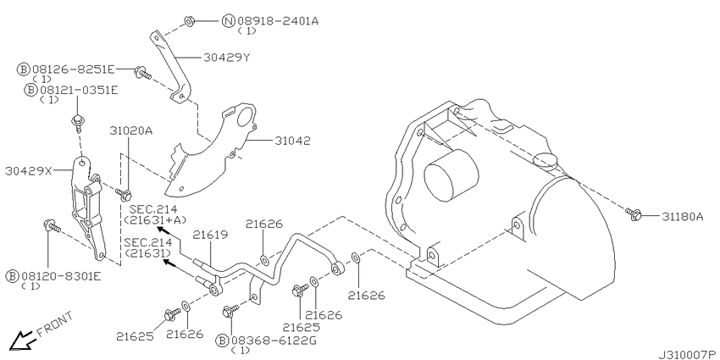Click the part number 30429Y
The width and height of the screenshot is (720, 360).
[x=227, y=58]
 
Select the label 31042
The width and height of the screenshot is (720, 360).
[x=292, y=141]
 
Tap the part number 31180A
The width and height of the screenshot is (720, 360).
[x=683, y=216]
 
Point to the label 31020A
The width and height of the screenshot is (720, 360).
[x=130, y=130]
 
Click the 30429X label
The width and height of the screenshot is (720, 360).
[x=29, y=171]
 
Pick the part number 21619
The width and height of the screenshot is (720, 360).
[x=210, y=235]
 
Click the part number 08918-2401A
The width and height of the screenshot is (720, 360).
[x=277, y=20]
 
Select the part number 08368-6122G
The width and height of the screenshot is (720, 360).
[x=273, y=341]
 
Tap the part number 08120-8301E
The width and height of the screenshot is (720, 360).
[x=59, y=276]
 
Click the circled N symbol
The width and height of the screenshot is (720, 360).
[x=229, y=20]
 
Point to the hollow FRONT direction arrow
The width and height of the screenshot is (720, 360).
[x=21, y=341]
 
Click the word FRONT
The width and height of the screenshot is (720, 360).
[x=54, y=324]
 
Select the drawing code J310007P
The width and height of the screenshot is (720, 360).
[x=689, y=355]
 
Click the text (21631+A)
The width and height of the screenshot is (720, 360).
[x=155, y=220]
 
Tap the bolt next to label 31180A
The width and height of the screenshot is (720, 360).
[x=634, y=213]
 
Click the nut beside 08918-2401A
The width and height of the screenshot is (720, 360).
[x=190, y=20]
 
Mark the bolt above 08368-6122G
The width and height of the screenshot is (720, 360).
[x=230, y=310]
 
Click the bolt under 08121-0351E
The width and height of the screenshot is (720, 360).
[x=76, y=123]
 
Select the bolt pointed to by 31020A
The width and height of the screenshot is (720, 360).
[x=124, y=194]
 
